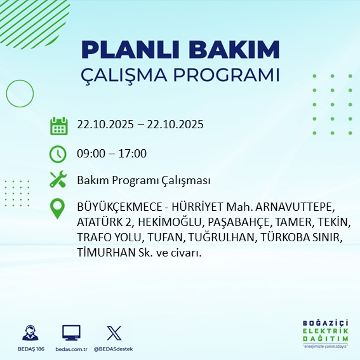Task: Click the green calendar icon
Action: coord(58,125)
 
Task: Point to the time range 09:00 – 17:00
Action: coord(112,153)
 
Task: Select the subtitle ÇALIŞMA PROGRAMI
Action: coord(180,74)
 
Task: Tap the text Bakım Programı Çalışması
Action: coord(143,181)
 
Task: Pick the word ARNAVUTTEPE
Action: coord(296,208)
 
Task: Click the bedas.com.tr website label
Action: coord(71,349)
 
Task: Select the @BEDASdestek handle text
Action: coord(114,349)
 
